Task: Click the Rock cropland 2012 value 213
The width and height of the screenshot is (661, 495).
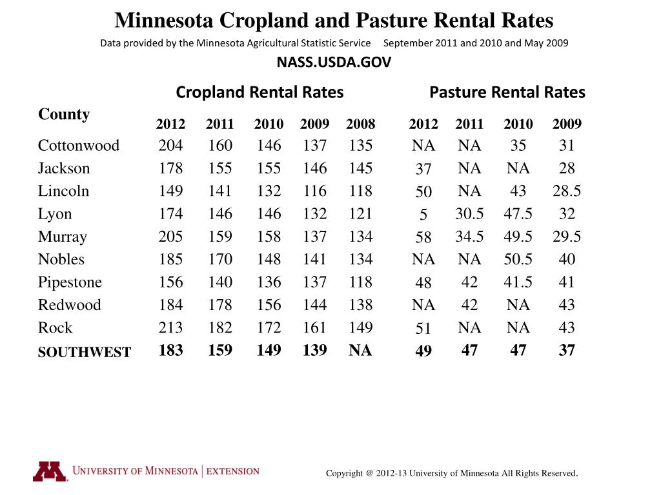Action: [x=170, y=327]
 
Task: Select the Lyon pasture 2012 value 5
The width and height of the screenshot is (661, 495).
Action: [x=423, y=215]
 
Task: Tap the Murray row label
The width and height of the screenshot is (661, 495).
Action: [x=62, y=237]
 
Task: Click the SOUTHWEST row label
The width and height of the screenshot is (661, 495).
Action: [x=84, y=352]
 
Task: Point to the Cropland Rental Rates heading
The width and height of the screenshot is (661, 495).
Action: [x=259, y=92]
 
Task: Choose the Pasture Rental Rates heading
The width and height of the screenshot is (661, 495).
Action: [x=507, y=92]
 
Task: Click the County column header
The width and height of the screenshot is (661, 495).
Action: [x=64, y=114]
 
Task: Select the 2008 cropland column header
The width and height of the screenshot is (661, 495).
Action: [x=360, y=124]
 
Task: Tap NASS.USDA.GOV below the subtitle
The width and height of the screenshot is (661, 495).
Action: [x=334, y=63]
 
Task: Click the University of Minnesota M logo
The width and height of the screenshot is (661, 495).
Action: [x=50, y=472]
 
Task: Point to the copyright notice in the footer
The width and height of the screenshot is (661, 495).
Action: [x=452, y=473]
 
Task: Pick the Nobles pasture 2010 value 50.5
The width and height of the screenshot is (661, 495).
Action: [x=518, y=259]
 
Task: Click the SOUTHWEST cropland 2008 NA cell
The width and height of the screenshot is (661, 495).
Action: [x=360, y=350]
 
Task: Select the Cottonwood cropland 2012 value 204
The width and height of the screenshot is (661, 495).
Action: [x=170, y=146]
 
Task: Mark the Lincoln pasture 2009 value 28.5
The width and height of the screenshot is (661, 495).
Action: [x=566, y=191]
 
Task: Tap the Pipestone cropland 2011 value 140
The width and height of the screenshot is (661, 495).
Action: [x=219, y=282]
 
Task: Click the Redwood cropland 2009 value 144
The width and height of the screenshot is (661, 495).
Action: [x=314, y=305]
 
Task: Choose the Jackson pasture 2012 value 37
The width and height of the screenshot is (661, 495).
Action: [x=423, y=170]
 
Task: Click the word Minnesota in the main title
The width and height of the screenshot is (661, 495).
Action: [x=165, y=21]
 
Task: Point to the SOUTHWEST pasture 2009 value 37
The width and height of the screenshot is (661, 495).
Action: [x=566, y=350]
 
